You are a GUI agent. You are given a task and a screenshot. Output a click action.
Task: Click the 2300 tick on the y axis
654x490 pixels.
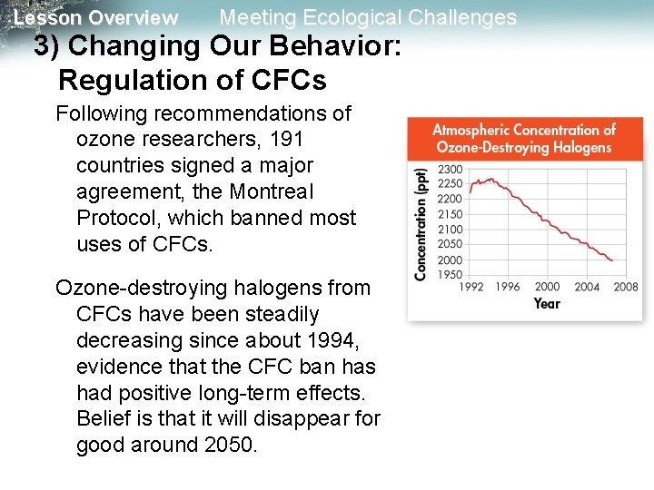click(450, 170)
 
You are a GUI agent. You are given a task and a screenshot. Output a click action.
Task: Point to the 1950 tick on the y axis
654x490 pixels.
click(450, 275)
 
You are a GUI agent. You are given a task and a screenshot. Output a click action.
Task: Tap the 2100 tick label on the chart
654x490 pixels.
click(450, 230)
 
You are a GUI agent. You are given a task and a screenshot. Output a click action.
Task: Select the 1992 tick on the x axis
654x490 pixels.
click(470, 287)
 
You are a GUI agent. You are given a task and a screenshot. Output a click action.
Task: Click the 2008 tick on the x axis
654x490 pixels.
click(626, 287)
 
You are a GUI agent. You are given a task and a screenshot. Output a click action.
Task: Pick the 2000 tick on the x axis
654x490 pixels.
click(548, 287)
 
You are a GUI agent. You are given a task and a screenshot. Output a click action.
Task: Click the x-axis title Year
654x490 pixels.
click(547, 303)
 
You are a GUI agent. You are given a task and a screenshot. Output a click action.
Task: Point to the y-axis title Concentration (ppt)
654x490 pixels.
click(421, 223)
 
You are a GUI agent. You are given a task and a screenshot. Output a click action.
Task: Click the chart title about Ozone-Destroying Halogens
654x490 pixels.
click(523, 139)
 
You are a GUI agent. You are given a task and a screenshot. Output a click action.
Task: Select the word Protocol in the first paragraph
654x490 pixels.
click(115, 219)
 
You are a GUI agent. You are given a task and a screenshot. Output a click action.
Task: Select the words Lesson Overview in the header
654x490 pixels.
click(96, 18)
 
